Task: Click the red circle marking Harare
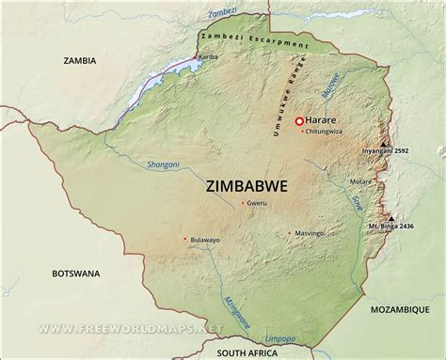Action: click(300, 121)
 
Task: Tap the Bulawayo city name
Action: click(204, 241)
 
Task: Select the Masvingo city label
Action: click(310, 232)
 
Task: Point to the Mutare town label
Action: click(359, 180)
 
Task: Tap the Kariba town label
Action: click(208, 58)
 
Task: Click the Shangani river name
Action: click(163, 164)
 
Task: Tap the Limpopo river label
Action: click(282, 334)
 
